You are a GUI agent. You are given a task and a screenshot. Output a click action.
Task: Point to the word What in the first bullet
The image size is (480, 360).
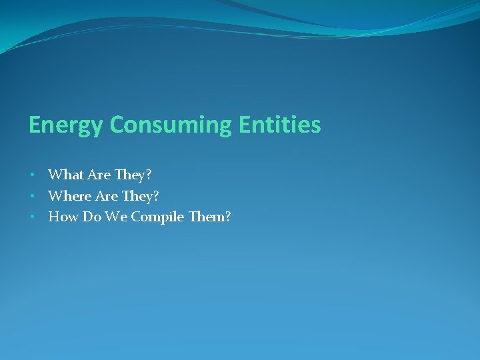[x=65, y=175]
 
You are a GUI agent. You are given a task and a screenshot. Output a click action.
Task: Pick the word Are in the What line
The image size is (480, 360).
[x=99, y=175]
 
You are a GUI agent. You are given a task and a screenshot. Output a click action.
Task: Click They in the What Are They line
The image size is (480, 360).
[x=130, y=175]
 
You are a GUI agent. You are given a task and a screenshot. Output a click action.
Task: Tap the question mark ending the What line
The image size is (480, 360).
[x=149, y=175]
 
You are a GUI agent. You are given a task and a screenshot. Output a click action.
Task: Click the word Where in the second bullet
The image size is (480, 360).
[x=69, y=195]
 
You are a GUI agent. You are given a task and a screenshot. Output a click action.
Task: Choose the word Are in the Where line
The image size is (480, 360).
[x=107, y=195]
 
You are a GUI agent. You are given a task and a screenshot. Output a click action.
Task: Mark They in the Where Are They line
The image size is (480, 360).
[x=138, y=195]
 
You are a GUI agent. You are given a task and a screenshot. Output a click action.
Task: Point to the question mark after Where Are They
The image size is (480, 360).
[x=157, y=195]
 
